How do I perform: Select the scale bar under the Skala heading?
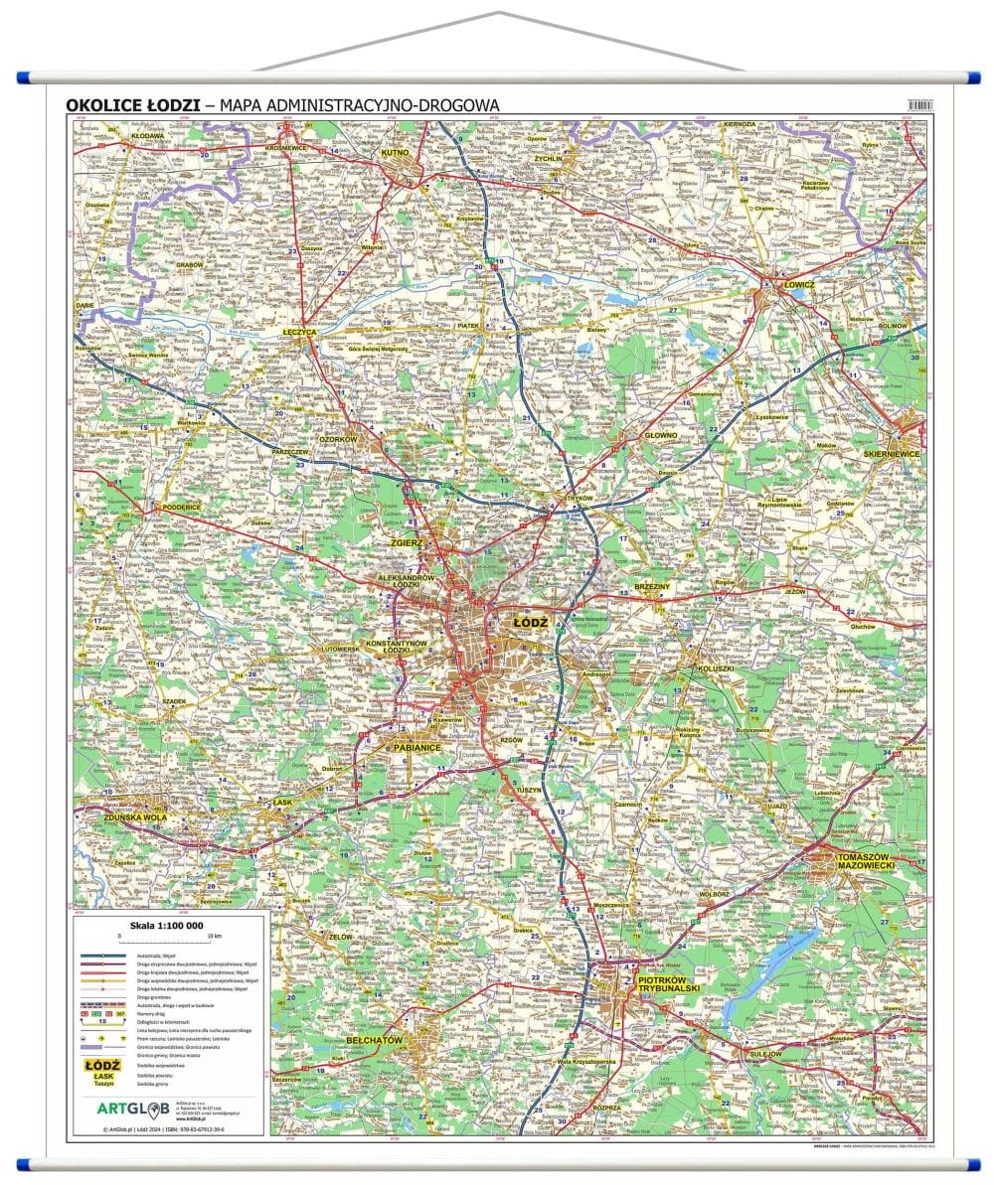click(x=168, y=940)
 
